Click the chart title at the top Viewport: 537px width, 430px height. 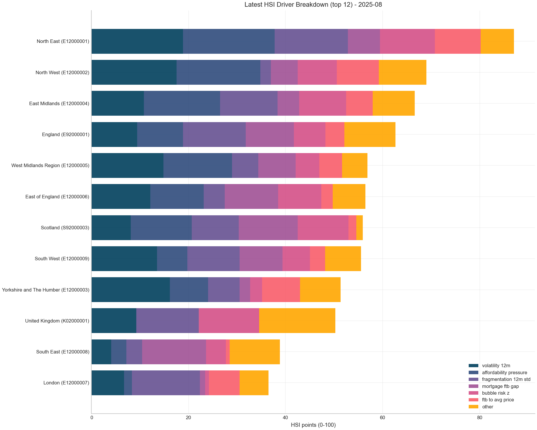click(x=313, y=5)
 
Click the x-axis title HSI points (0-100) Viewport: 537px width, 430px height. click(x=313, y=425)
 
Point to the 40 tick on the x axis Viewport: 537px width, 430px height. click(x=285, y=418)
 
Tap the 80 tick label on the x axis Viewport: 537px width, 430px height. click(x=479, y=418)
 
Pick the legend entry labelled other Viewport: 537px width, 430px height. click(x=487, y=407)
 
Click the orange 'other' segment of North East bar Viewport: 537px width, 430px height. click(x=497, y=41)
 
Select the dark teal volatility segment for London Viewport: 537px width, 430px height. click(x=108, y=383)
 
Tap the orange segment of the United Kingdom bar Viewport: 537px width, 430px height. click(x=297, y=321)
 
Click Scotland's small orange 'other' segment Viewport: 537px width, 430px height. click(x=359, y=228)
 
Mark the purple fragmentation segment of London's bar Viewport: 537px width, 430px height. click(x=166, y=383)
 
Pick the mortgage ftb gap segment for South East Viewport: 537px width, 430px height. click(x=174, y=352)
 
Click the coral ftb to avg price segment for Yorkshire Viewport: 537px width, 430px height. click(x=281, y=290)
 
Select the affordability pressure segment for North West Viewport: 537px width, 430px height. click(x=218, y=72)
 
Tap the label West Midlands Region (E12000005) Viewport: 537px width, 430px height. click(x=50, y=166)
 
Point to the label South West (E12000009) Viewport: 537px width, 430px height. click(x=62, y=259)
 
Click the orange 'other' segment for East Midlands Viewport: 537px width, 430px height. click(x=393, y=103)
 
